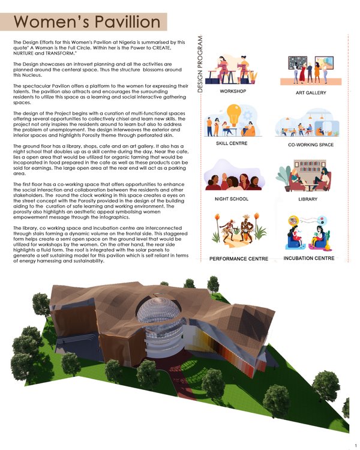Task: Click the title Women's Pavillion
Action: [x=87, y=22]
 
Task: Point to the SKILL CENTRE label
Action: [x=232, y=144]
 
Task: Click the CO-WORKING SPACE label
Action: [x=310, y=145]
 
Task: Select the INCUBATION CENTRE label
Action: [x=308, y=259]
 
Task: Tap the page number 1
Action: [x=355, y=445]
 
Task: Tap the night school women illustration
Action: [x=233, y=178]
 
